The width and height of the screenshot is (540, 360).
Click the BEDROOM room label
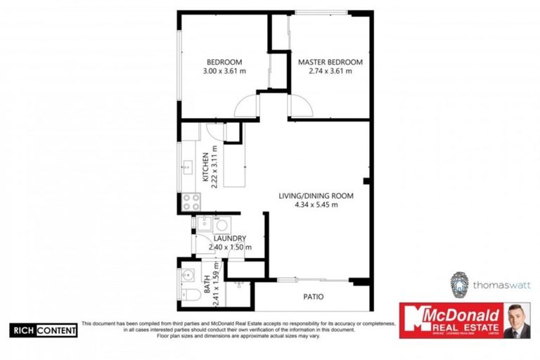pos(224,61)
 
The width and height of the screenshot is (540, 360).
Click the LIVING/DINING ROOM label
pos(316,195)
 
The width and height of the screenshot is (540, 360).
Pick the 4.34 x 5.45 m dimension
pos(316,205)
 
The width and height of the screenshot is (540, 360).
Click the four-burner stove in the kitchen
pos(191,202)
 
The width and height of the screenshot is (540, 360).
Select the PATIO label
pos(313,297)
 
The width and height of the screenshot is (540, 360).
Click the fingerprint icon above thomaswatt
pos(460,282)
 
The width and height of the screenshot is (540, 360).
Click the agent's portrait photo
pos(516,321)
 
